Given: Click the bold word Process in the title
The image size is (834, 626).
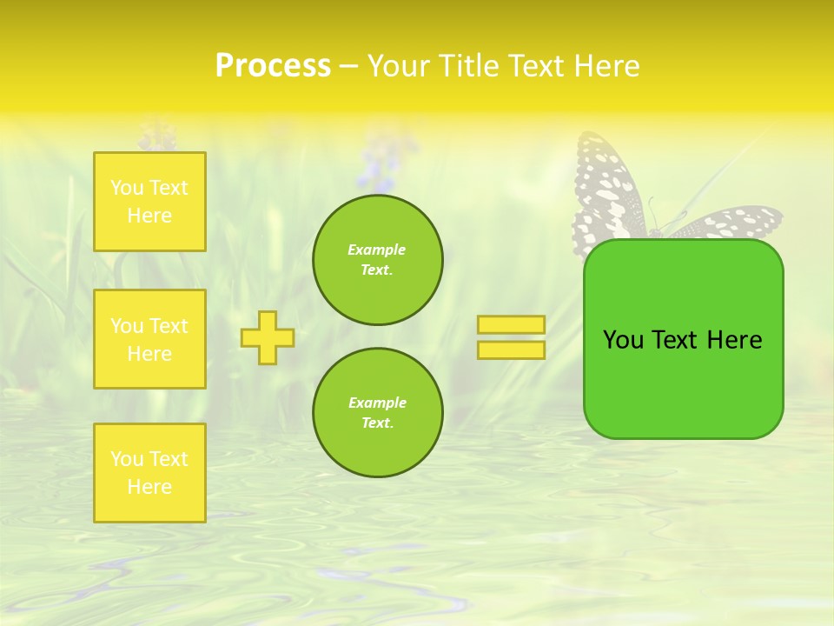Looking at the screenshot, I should click(x=273, y=66).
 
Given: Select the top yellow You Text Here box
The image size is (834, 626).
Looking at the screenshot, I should click(x=149, y=202).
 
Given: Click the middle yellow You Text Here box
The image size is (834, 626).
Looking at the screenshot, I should click(x=149, y=339).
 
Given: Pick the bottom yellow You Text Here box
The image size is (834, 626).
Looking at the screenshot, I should click(x=149, y=473).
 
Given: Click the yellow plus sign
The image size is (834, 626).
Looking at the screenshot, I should click(x=268, y=337).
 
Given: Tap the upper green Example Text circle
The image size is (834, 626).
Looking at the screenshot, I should click(x=377, y=260).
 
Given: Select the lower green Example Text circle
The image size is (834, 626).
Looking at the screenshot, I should click(x=377, y=413).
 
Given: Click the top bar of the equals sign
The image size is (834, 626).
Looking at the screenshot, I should click(x=511, y=325).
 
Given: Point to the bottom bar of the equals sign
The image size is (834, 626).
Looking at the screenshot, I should click(x=511, y=350).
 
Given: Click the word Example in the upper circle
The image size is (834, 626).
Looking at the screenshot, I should click(x=377, y=250).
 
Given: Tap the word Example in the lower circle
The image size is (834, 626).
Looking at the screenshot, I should click(x=377, y=403).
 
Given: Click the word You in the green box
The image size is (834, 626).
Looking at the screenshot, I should click(x=623, y=340).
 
